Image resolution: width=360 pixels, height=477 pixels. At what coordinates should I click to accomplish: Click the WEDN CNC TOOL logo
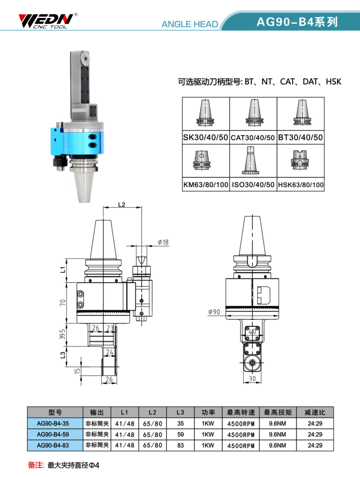pyautogui.click(x=48, y=21)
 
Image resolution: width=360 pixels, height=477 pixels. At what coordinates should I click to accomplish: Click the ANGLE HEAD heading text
pyautogui.click(x=189, y=24)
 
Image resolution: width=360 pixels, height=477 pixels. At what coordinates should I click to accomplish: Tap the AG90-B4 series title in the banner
pyautogui.click(x=297, y=22)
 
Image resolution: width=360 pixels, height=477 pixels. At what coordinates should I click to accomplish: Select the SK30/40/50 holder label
pyautogui.click(x=205, y=138)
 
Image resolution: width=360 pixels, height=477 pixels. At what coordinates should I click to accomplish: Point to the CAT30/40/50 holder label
pyautogui.click(x=253, y=138)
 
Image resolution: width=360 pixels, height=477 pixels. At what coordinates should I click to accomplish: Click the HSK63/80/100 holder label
pyautogui.click(x=301, y=184)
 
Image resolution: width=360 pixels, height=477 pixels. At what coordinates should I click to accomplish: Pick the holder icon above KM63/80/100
pyautogui.click(x=202, y=160)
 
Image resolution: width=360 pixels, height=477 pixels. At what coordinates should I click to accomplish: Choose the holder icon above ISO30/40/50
pyautogui.click(x=251, y=160)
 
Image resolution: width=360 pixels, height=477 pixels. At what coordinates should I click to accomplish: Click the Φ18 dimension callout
pyautogui.click(x=163, y=242)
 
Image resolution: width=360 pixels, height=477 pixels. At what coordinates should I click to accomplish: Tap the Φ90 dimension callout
pyautogui.click(x=214, y=312)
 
